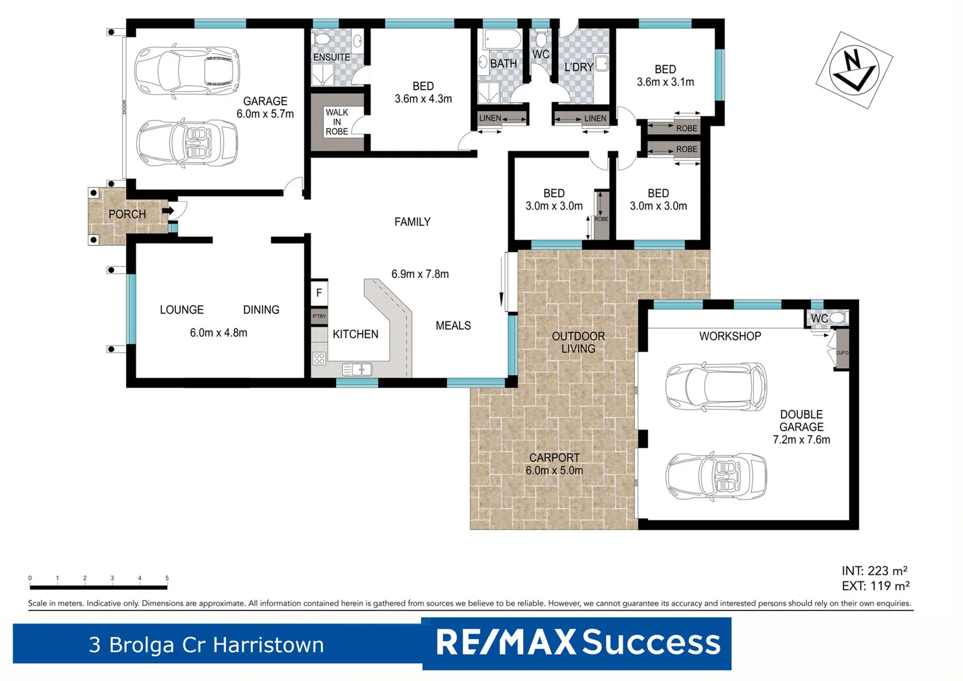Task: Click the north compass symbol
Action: (x=853, y=69)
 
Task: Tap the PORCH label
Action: (x=127, y=214)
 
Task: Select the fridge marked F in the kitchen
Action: (x=319, y=293)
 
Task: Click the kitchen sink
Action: (x=357, y=370)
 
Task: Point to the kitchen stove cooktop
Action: (x=320, y=359)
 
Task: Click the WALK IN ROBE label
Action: (x=337, y=122)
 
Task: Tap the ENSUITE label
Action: (x=332, y=57)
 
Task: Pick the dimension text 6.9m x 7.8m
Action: (x=420, y=274)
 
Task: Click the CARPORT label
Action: (x=554, y=458)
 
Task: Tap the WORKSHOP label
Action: (x=730, y=337)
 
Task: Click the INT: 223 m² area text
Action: (x=875, y=571)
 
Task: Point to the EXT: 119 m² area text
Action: (x=875, y=586)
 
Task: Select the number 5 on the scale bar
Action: (x=167, y=578)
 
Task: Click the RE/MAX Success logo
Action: (x=577, y=643)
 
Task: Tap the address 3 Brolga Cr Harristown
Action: (x=206, y=645)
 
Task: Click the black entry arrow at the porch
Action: (x=168, y=211)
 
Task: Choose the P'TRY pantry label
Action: (x=319, y=317)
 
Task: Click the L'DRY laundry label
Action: (x=578, y=67)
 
